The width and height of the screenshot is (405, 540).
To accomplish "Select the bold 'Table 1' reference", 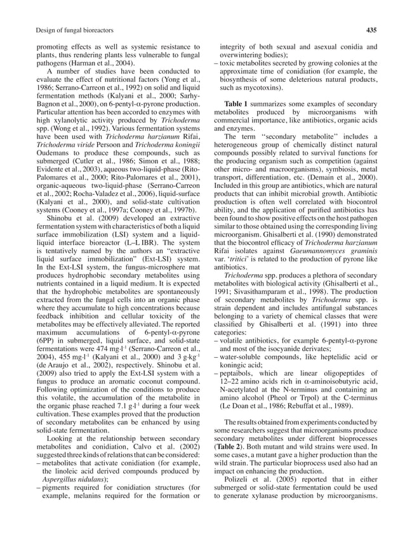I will (x=236, y=103).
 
